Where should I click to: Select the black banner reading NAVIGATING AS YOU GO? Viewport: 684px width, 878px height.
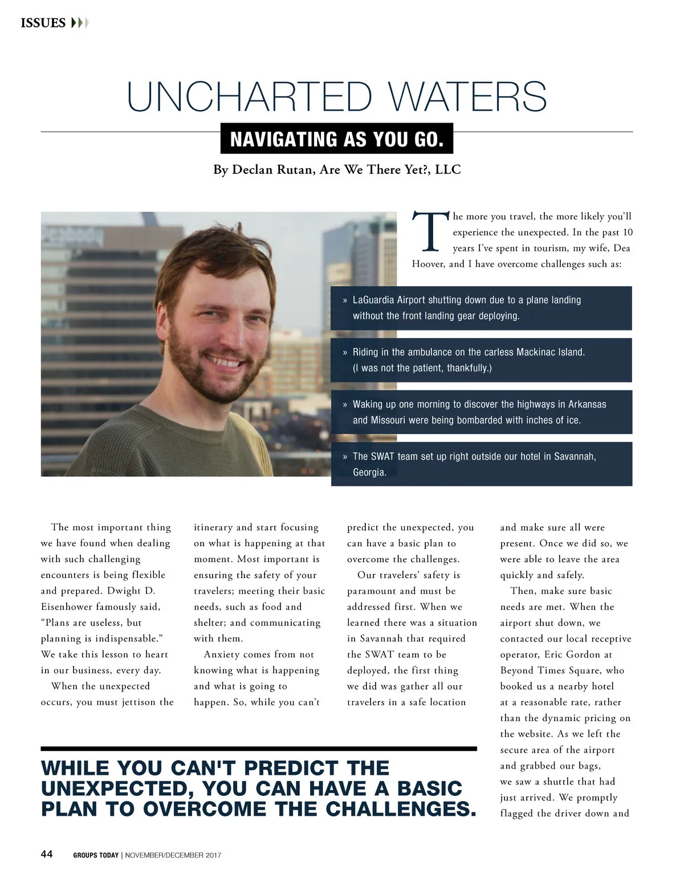(x=337, y=139)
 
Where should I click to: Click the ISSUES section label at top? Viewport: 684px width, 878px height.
(x=43, y=23)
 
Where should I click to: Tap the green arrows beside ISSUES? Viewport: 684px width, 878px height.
(x=79, y=23)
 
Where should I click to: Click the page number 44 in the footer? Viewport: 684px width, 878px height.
(x=47, y=854)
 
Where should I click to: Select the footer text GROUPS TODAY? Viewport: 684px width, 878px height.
(x=96, y=855)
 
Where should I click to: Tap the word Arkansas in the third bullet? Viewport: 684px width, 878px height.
(x=587, y=404)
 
